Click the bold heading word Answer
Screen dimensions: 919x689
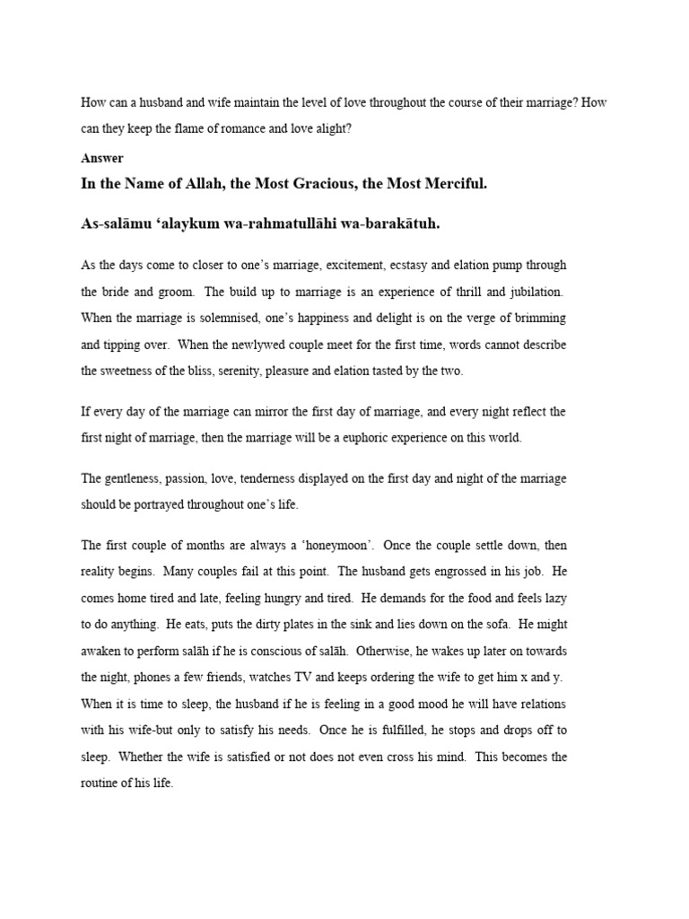click(x=101, y=158)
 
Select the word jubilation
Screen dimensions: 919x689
click(x=532, y=292)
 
